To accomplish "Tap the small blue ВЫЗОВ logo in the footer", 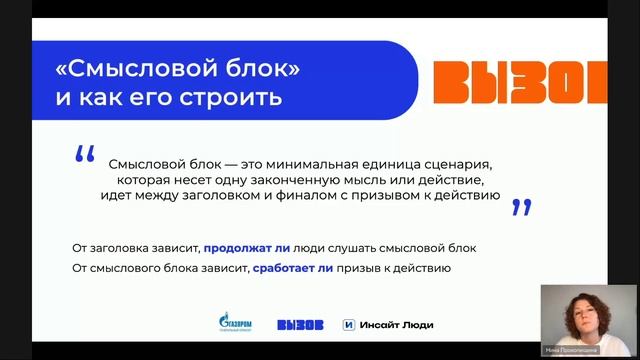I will click(300, 323).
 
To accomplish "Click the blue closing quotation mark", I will click(520, 207).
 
